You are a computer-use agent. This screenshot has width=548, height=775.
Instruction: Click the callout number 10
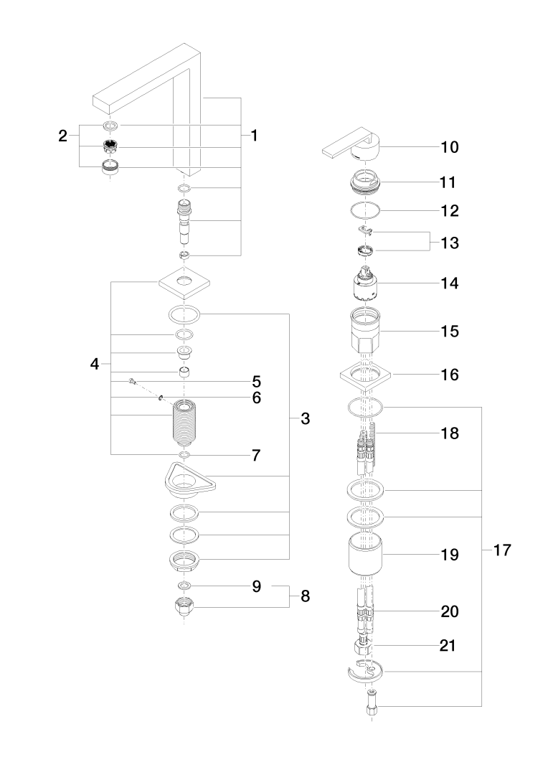tap(450, 147)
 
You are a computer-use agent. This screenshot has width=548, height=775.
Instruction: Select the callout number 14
tap(450, 283)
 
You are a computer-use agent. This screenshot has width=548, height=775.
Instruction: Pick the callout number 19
tap(450, 555)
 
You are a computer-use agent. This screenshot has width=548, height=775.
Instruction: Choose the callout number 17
tap(502, 551)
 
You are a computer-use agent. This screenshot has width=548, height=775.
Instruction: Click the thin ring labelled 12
tap(367, 212)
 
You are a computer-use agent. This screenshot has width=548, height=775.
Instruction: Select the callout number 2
tap(63, 136)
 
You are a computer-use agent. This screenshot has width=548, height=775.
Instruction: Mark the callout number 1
tap(253, 136)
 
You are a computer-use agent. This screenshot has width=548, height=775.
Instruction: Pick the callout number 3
tap(305, 419)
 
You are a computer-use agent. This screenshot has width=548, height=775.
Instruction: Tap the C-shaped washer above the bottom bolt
tap(366, 673)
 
